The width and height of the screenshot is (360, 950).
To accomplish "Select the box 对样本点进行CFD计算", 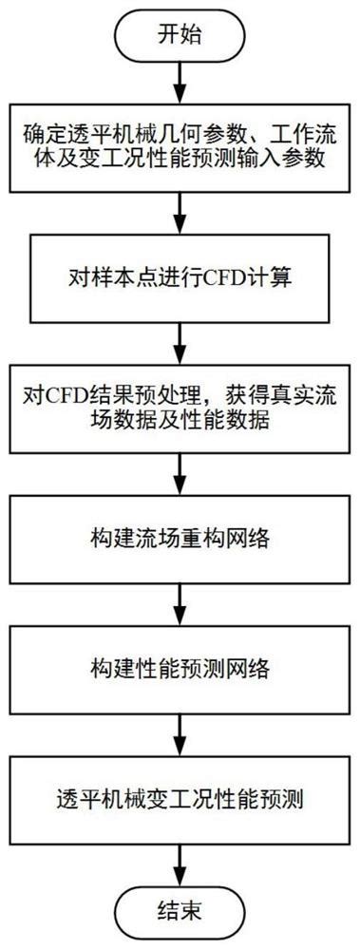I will coord(180,280).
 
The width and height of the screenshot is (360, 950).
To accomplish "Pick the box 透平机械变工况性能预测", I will coord(180,796).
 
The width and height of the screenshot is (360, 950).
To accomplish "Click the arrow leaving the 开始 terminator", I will coord(180,85).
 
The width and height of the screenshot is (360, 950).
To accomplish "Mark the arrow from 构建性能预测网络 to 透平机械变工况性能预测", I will coord(180,732).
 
